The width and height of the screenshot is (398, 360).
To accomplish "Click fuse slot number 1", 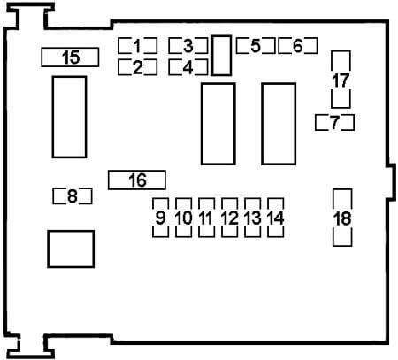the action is click(137, 46).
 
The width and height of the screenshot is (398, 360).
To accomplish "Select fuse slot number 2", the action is click(137, 67).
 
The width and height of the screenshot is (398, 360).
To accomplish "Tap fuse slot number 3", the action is click(188, 46).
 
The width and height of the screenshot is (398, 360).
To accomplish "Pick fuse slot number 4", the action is click(188, 67).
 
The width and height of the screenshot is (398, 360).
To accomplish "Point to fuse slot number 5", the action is click(256, 46).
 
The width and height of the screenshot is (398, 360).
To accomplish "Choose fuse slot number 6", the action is click(298, 46).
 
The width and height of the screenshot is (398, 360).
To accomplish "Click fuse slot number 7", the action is click(334, 122).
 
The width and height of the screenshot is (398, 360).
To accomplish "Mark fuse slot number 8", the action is click(73, 196).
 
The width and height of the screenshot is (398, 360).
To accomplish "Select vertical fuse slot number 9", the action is click(160, 218).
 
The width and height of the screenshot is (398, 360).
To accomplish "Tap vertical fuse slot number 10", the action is click(183, 218).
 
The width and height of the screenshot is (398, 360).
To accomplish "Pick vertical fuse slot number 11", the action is click(206, 218).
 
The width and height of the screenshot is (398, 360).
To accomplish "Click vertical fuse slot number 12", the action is click(229, 218).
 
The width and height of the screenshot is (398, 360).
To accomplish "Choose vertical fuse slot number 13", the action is click(253, 218).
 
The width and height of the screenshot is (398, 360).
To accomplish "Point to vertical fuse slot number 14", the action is click(276, 218).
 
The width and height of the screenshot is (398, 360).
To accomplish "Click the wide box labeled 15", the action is click(70, 57).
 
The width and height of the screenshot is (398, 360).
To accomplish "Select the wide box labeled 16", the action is click(137, 180).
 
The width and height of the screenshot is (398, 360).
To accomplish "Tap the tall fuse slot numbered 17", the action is click(341, 80).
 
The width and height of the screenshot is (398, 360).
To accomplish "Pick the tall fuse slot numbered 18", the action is click(342, 218).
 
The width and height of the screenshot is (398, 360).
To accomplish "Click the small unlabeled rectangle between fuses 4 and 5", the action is click(221, 56).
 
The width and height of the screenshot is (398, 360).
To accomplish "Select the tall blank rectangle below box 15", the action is click(69, 117).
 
